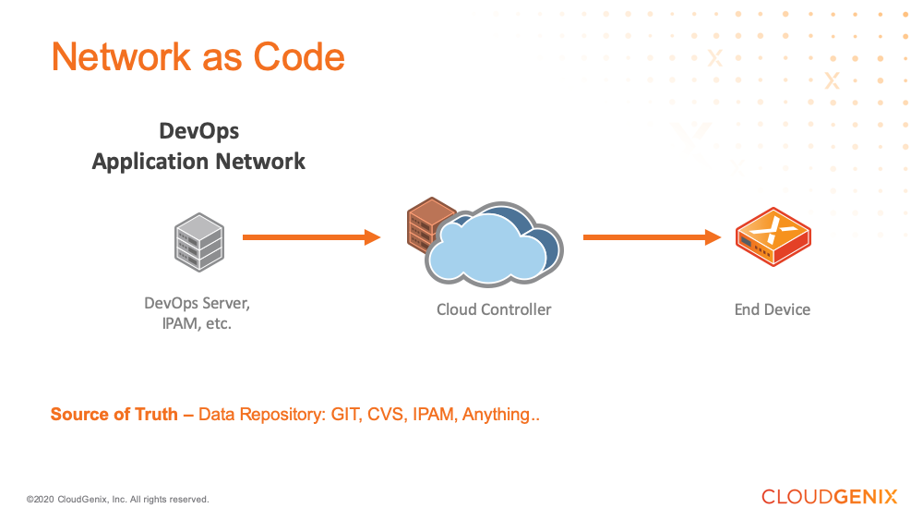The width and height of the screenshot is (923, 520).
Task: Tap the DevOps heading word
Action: (198, 130)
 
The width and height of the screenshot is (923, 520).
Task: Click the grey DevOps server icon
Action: (198, 240)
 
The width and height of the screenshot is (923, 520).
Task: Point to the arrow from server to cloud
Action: (311, 237)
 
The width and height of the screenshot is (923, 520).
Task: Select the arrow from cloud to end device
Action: (651, 237)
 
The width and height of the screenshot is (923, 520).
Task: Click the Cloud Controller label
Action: (494, 309)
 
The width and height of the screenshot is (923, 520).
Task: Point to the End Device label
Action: (773, 309)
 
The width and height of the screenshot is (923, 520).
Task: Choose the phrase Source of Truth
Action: (114, 415)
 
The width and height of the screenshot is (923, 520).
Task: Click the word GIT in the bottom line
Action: (347, 415)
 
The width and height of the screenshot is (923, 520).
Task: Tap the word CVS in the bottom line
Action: (387, 415)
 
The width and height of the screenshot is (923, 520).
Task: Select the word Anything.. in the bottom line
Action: (500, 415)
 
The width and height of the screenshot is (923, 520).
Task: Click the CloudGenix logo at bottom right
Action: (829, 497)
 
